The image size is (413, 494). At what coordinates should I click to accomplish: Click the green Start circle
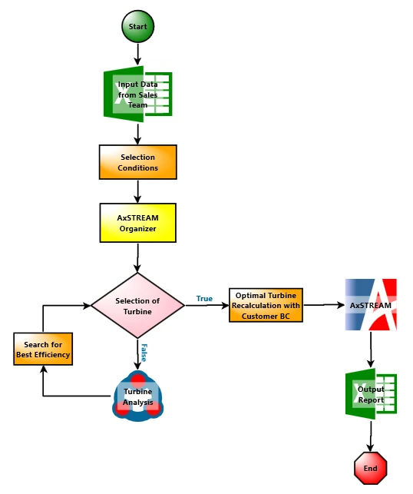(x=138, y=26)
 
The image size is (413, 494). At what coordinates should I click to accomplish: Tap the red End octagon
(x=371, y=468)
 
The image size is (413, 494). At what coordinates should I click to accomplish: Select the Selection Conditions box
(x=138, y=162)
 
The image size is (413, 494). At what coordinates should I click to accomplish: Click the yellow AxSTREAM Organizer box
(x=138, y=223)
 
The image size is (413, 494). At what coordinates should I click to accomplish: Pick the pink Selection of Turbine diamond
(x=137, y=306)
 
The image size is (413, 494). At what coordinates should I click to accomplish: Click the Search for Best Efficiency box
(x=43, y=349)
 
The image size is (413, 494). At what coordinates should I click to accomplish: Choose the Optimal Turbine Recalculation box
(x=266, y=305)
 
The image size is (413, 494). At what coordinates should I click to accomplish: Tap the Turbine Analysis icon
(x=138, y=396)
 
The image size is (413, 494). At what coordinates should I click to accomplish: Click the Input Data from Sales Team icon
(x=138, y=94)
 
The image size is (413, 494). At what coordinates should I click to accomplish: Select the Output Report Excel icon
(x=371, y=394)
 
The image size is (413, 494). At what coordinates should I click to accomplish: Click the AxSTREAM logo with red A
(x=371, y=305)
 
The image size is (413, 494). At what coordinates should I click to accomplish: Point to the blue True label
(x=205, y=298)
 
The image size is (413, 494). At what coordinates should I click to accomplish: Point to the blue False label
(x=144, y=353)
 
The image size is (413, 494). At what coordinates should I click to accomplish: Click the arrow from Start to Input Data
(x=137, y=55)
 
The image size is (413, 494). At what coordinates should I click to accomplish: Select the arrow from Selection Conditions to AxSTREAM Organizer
(x=137, y=191)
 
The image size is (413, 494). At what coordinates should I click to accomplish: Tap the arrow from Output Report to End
(x=371, y=436)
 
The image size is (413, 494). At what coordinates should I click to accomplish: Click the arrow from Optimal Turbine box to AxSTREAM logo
(x=324, y=305)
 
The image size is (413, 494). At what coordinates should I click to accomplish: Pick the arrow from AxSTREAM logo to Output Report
(x=371, y=350)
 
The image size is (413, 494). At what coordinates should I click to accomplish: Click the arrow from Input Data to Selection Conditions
(x=137, y=134)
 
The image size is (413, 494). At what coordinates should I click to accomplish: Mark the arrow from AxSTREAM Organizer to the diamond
(x=137, y=257)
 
